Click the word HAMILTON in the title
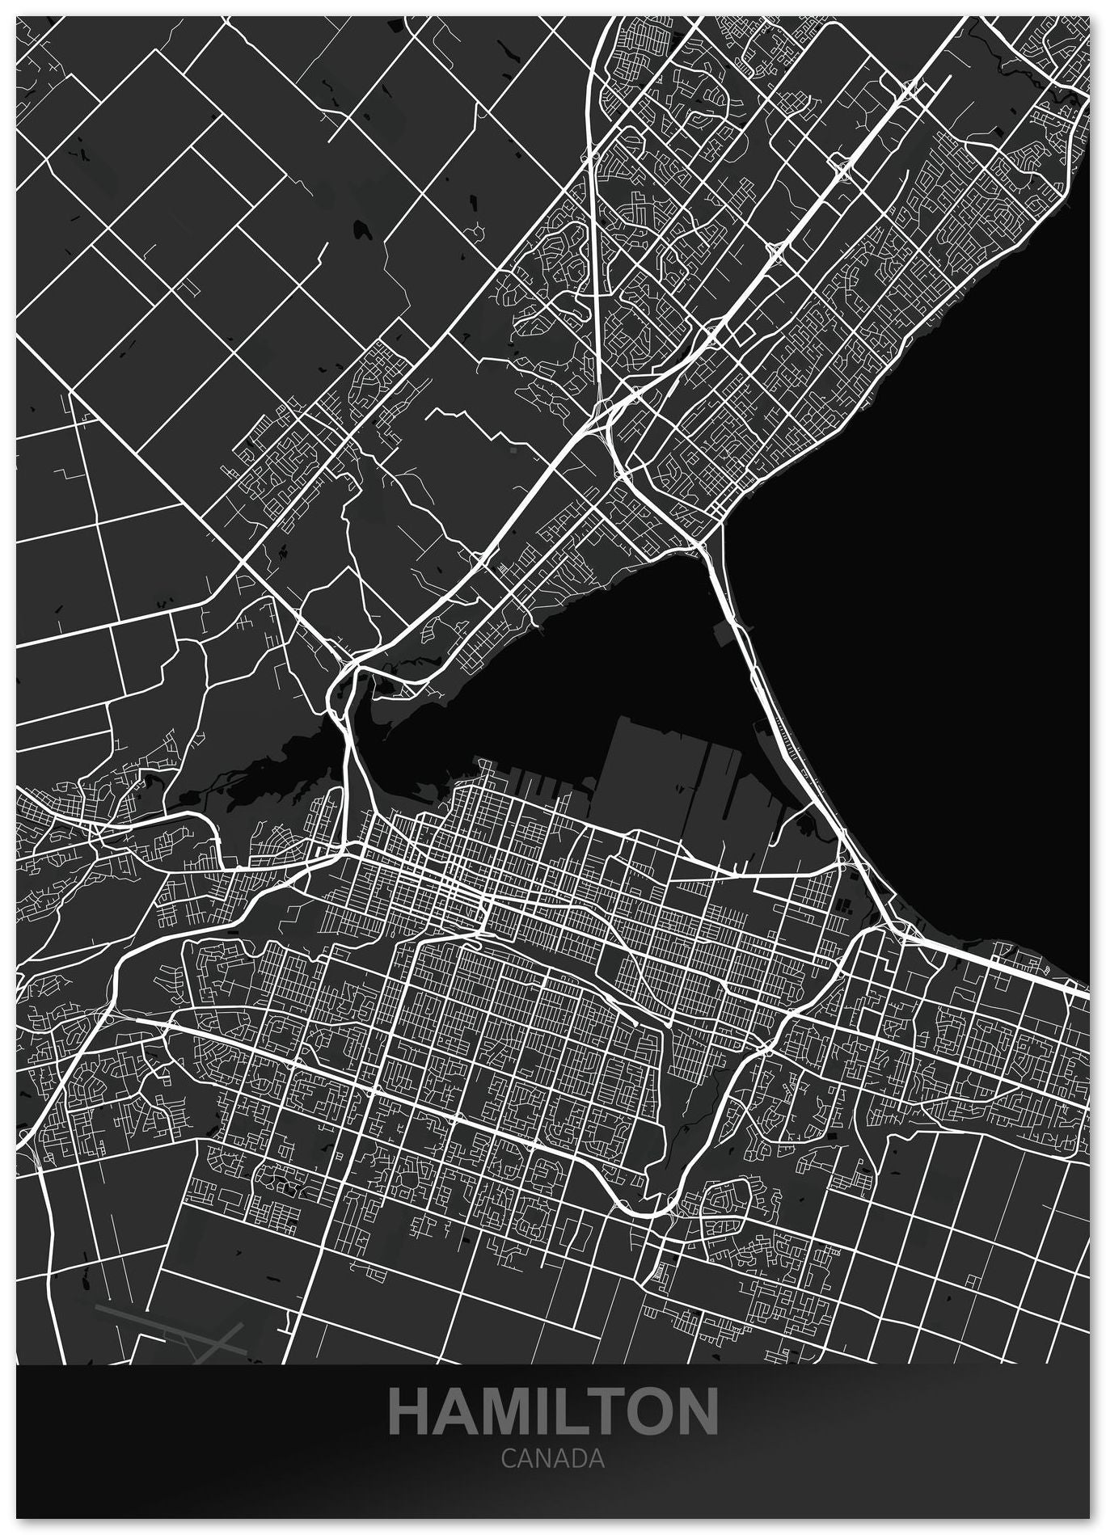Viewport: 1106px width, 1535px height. pos(553,1411)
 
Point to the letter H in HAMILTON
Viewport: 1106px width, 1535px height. pos(412,1411)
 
